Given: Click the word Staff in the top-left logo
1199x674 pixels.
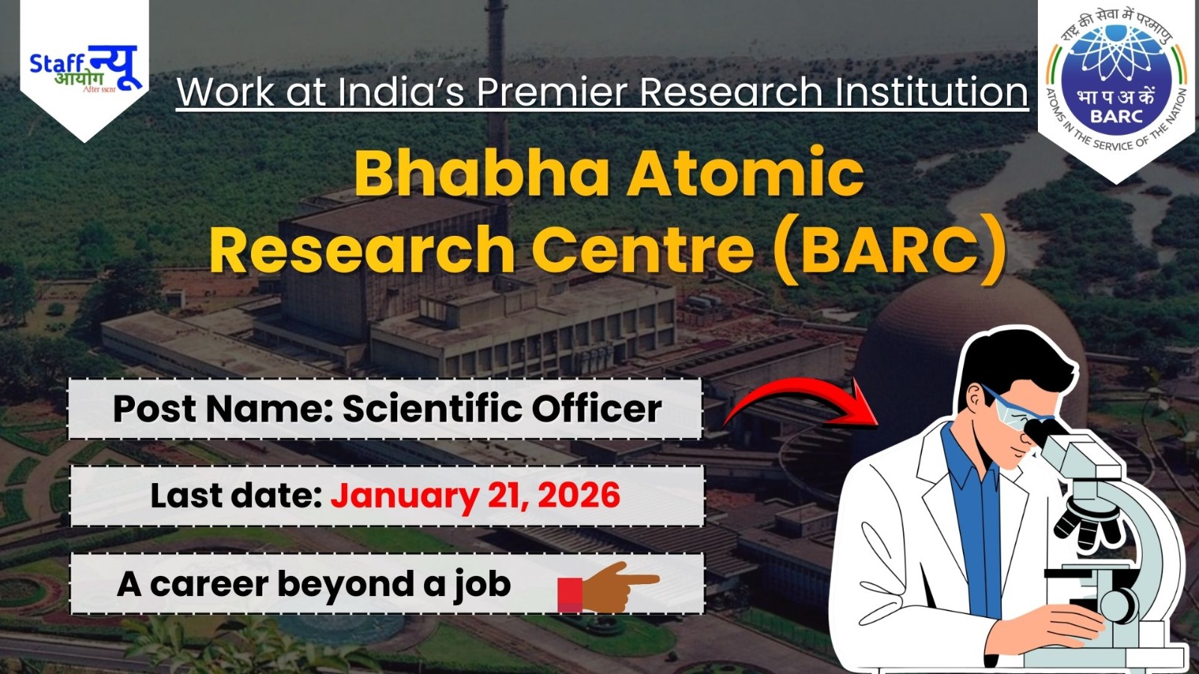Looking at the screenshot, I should click(56, 63).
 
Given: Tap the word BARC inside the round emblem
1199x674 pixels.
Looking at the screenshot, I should click(1117, 116).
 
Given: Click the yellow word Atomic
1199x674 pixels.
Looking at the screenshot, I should click(746, 173).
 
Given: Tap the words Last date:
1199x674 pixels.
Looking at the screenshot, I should click(235, 496).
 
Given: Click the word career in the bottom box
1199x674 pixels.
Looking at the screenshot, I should click(209, 584).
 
